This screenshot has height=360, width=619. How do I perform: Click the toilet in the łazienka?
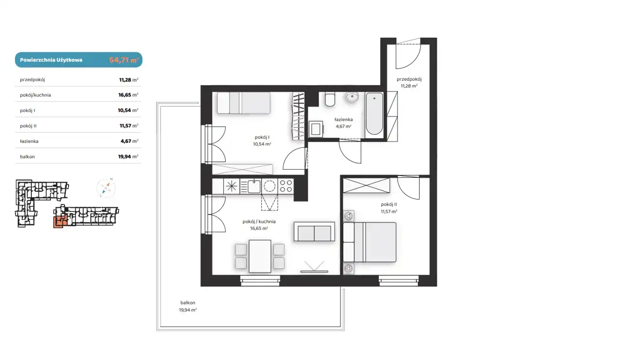click(330, 100)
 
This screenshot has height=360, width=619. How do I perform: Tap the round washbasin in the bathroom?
click(352, 97)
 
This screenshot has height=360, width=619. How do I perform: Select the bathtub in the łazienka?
click(374, 114)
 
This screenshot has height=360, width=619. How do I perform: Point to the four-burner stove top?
click(286, 186)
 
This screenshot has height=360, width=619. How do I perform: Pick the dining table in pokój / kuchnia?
click(260, 256)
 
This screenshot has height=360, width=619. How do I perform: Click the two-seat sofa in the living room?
click(314, 231)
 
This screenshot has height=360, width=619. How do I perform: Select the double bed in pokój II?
click(369, 242)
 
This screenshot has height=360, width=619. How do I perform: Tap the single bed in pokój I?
click(243, 103)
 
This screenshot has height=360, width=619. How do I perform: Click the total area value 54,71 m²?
click(124, 60)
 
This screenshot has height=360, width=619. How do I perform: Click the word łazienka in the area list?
click(29, 142)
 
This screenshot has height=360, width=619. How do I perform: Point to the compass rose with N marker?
click(106, 188)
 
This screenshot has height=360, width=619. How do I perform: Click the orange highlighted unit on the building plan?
click(59, 222)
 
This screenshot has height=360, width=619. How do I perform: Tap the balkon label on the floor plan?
click(188, 302)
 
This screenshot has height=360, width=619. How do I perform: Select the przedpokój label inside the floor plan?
click(409, 79)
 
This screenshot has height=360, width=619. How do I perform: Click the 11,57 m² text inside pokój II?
click(389, 212)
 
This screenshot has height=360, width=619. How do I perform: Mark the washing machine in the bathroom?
click(316, 129)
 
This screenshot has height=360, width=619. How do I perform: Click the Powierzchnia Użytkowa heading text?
click(51, 60)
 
